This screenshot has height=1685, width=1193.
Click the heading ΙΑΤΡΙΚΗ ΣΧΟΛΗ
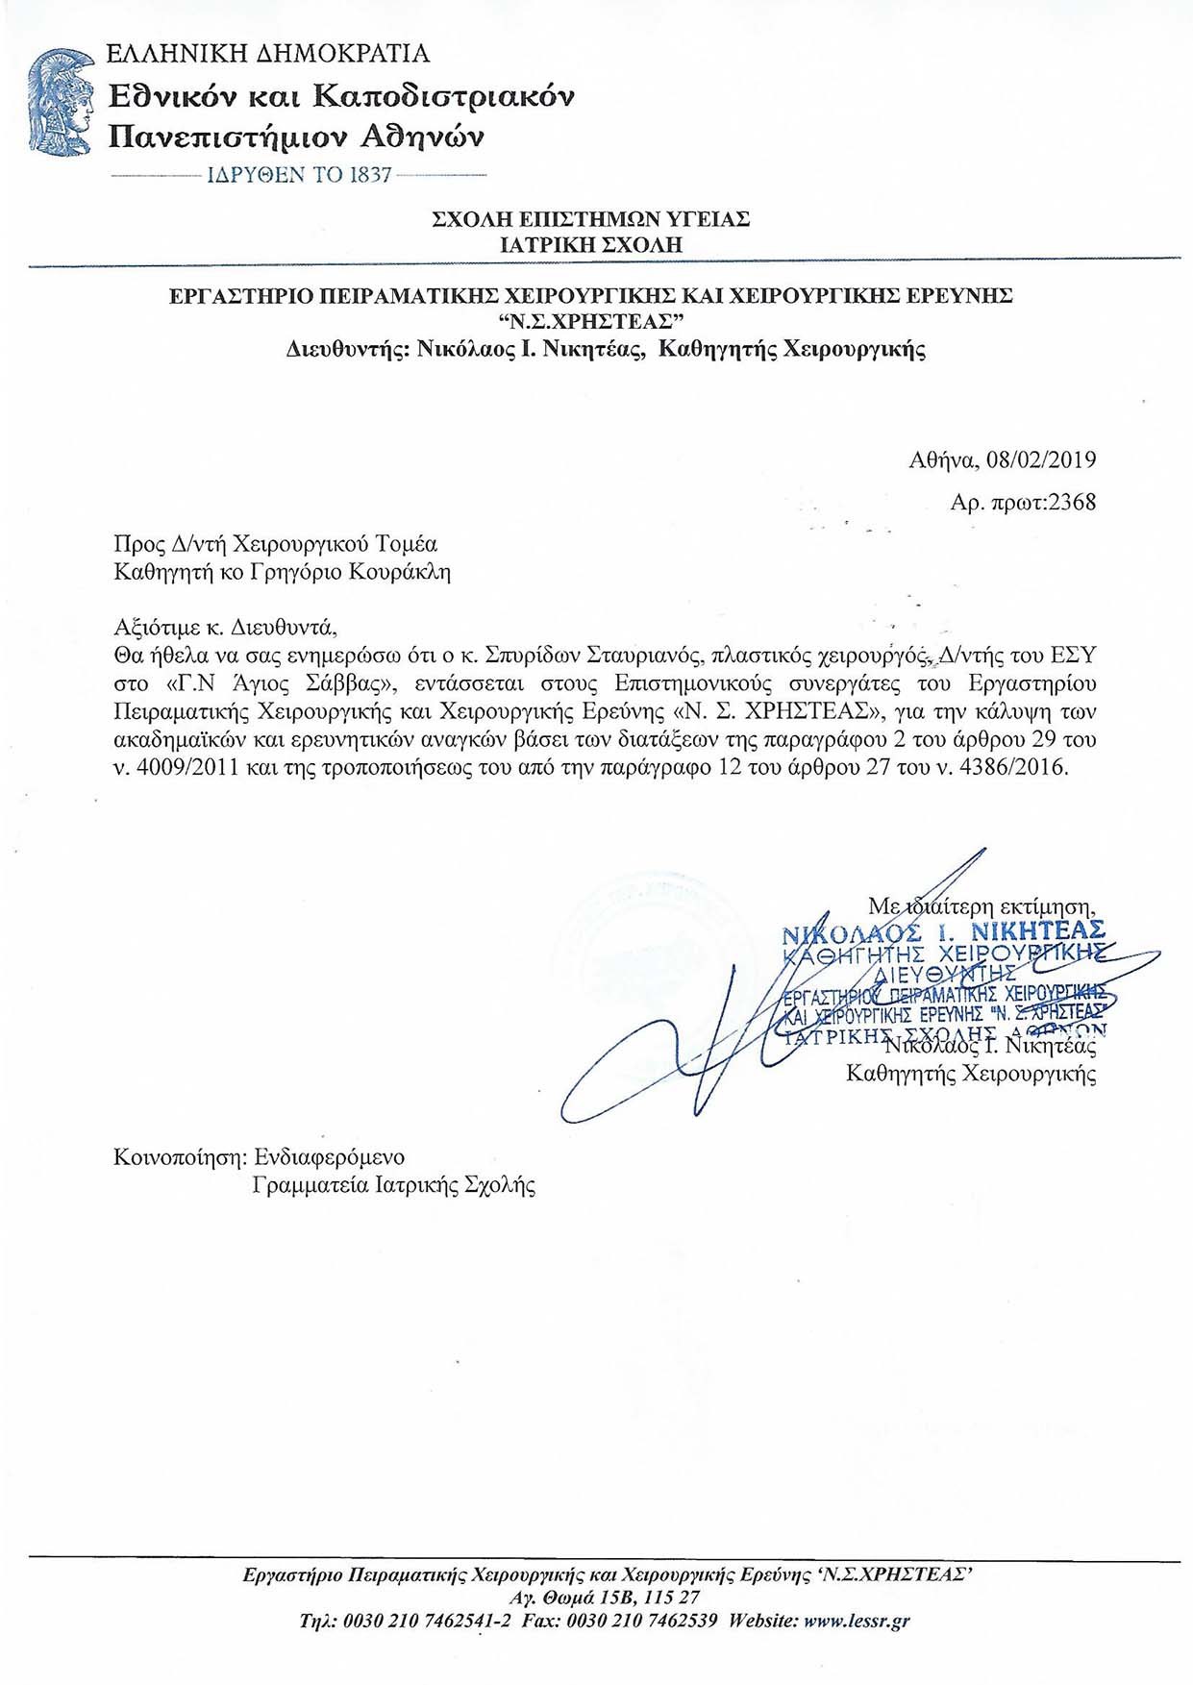click(591, 244)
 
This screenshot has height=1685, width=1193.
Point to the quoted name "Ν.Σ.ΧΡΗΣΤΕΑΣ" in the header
click(590, 321)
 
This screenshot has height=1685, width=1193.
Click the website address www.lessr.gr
click(857, 1621)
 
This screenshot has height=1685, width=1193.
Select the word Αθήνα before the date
click(943, 459)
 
